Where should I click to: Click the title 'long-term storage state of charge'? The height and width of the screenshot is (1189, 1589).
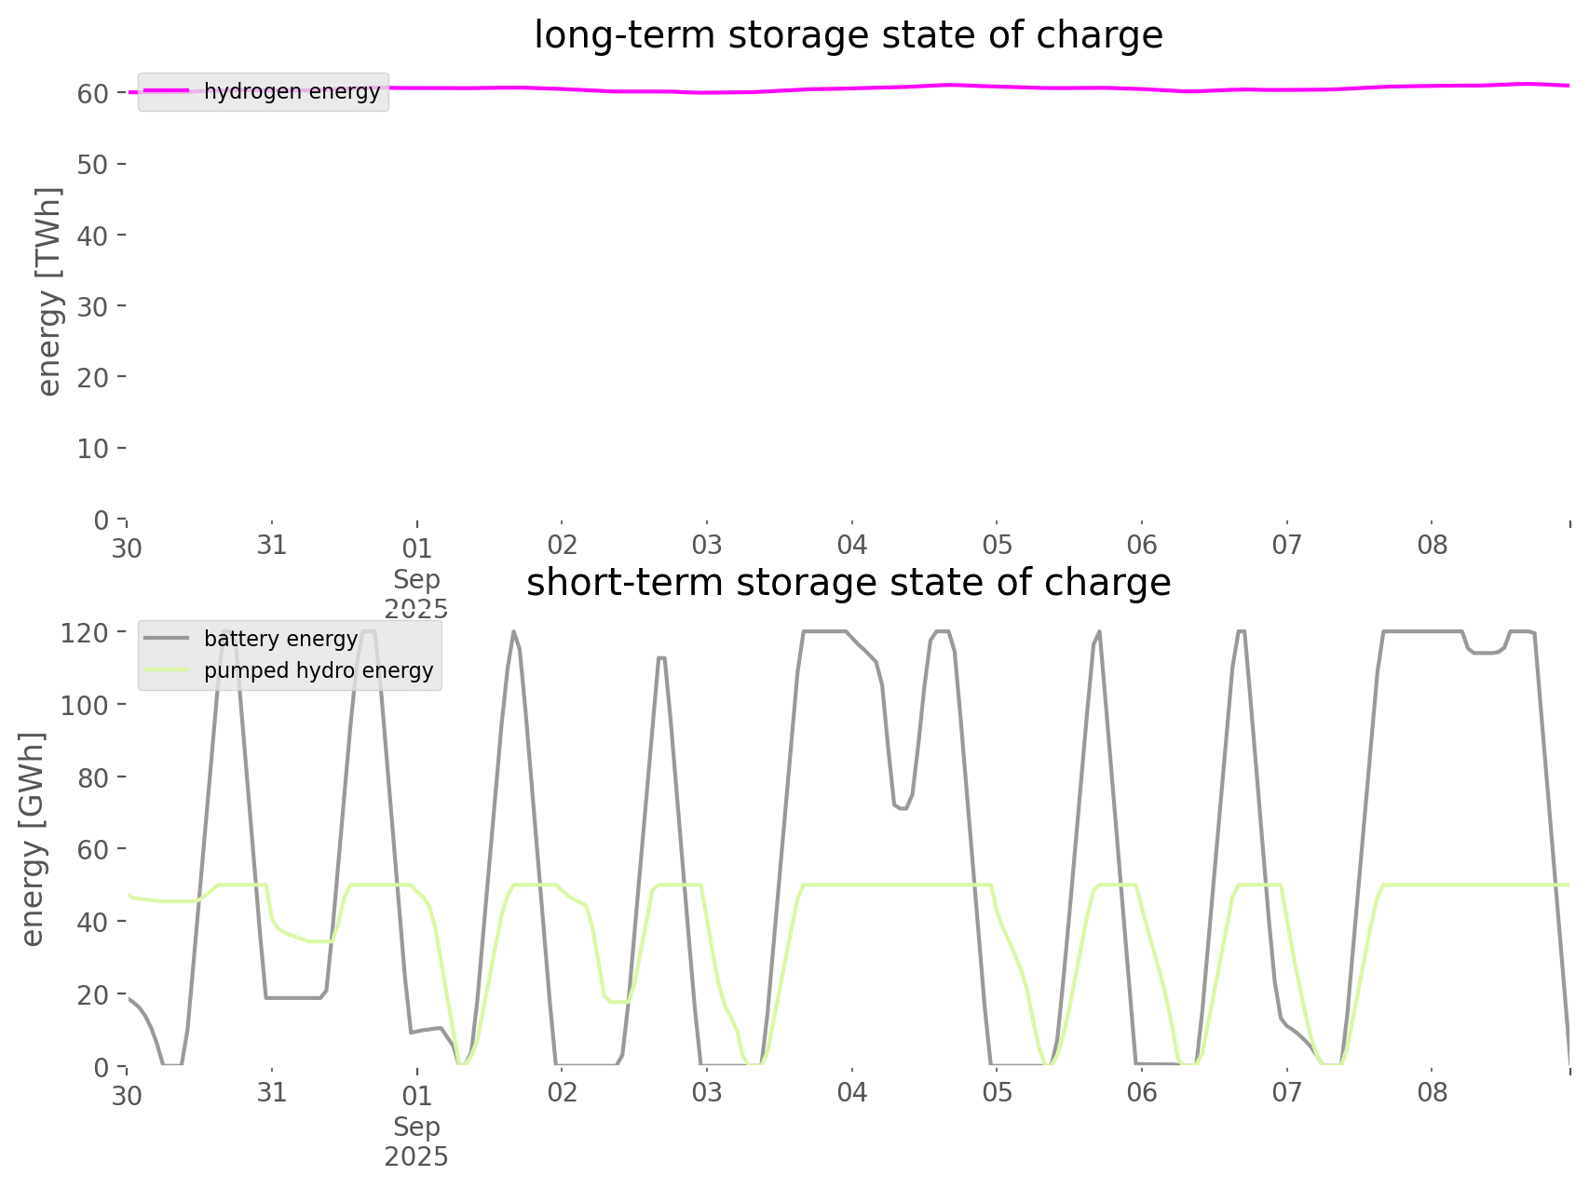848,35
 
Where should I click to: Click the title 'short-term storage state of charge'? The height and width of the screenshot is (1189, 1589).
848,583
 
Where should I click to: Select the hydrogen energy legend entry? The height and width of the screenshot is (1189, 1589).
292,91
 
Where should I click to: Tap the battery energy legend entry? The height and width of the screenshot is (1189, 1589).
280,639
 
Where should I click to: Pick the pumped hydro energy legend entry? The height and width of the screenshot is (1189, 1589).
319,670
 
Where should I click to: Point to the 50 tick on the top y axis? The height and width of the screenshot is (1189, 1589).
93,165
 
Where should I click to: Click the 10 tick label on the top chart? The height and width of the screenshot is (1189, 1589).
93,449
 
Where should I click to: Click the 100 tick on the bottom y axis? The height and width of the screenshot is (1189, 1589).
84,705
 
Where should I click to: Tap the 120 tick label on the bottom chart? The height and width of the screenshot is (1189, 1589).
84,633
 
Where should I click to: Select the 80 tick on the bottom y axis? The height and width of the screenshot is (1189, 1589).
93,777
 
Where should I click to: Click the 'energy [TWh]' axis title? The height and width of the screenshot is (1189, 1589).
49,291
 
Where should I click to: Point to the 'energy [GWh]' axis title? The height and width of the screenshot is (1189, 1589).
33,839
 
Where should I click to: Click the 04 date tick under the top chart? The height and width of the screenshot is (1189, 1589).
851,545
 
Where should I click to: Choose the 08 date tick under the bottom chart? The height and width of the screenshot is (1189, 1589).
1432,1092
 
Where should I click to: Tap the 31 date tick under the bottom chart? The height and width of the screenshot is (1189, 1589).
271,1092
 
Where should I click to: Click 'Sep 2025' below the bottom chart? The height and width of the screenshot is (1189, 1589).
416,1142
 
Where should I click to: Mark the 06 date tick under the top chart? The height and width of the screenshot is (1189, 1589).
1142,545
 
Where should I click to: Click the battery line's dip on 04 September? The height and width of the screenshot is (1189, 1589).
901,808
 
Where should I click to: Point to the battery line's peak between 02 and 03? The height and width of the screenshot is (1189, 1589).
661,657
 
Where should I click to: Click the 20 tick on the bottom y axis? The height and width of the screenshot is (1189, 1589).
93,994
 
